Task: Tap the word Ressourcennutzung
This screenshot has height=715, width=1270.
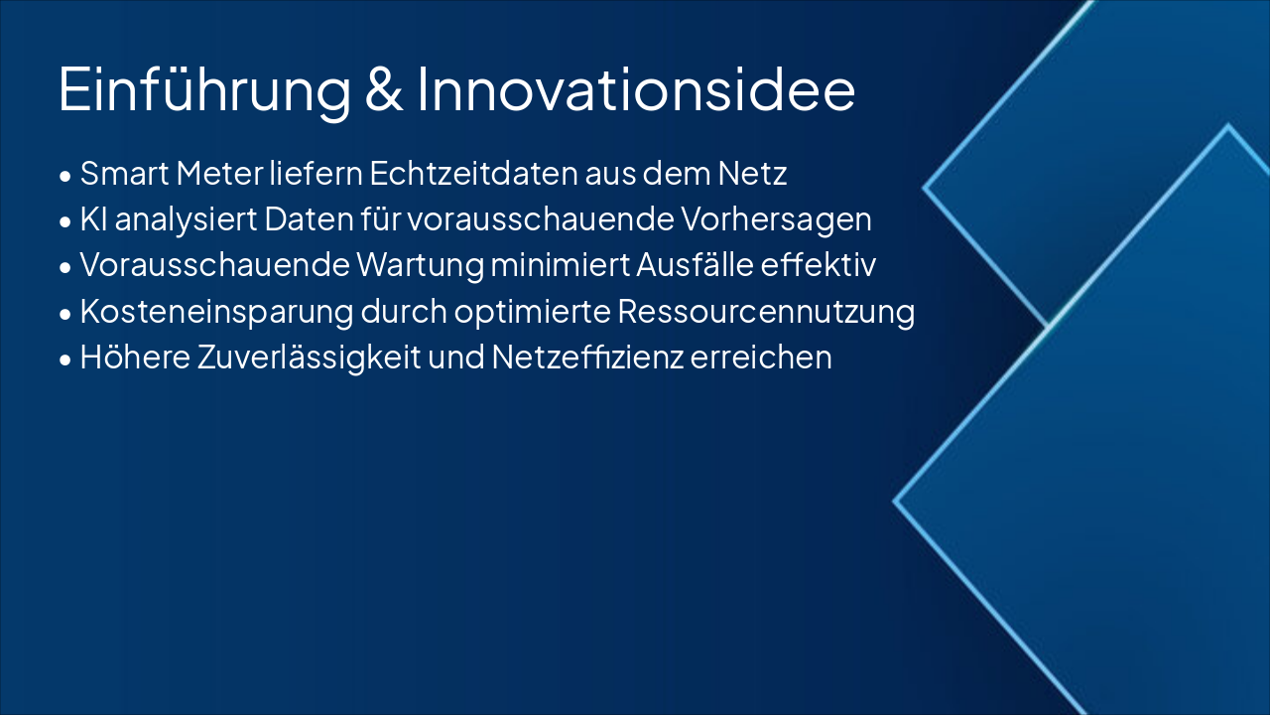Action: pyautogui.click(x=766, y=312)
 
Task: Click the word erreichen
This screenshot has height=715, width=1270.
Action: pyautogui.click(x=761, y=357)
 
